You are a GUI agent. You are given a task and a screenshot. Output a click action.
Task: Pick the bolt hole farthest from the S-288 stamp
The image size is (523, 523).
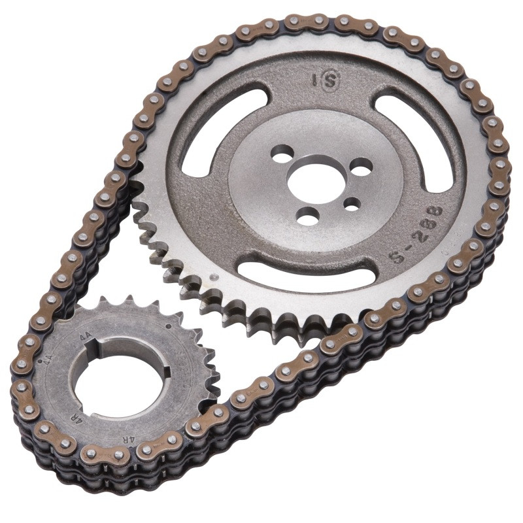tap(282, 157)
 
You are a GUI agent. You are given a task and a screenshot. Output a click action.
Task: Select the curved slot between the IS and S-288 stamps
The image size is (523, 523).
tap(426, 141)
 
